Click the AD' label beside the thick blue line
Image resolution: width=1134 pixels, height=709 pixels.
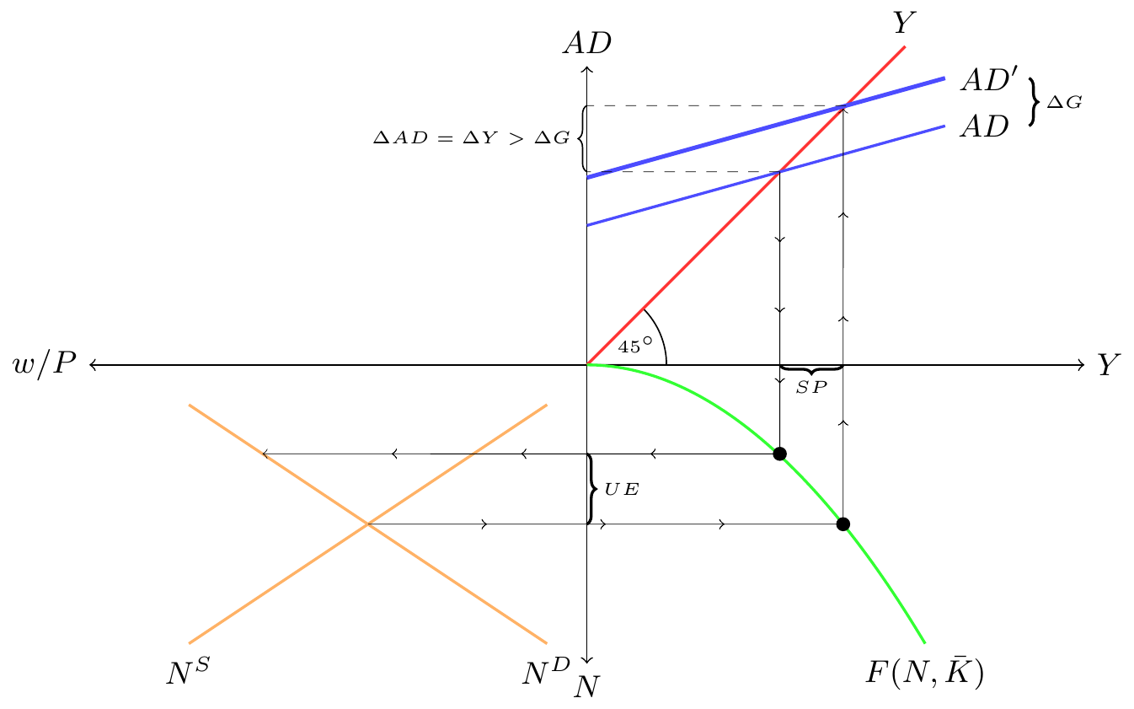[989, 80]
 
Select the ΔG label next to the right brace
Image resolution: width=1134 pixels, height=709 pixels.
[1064, 103]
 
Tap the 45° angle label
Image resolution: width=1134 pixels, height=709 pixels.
[635, 346]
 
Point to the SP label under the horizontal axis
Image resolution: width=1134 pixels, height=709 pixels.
[811, 388]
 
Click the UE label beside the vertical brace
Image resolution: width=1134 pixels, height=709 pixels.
[622, 489]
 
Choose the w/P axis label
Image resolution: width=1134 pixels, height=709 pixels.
[45, 363]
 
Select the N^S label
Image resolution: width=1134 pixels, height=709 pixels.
[188, 672]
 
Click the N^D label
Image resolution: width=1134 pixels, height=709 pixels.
[547, 672]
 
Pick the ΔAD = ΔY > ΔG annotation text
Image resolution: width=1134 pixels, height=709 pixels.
[472, 137]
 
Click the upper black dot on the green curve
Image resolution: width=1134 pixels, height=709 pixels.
[779, 454]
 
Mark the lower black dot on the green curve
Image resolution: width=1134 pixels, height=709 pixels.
[842, 524]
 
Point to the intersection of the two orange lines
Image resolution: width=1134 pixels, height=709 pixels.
[368, 524]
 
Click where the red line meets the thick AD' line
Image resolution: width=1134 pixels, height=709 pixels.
[842, 106]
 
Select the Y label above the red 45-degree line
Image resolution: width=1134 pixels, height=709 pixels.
[904, 24]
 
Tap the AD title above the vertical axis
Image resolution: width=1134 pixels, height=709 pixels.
[587, 44]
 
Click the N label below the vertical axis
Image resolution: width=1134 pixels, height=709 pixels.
[586, 688]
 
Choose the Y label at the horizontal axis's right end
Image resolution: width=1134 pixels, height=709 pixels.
[1109, 365]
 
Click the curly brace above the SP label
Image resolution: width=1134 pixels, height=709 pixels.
[811, 370]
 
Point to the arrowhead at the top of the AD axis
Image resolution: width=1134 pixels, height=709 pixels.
[586, 68]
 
